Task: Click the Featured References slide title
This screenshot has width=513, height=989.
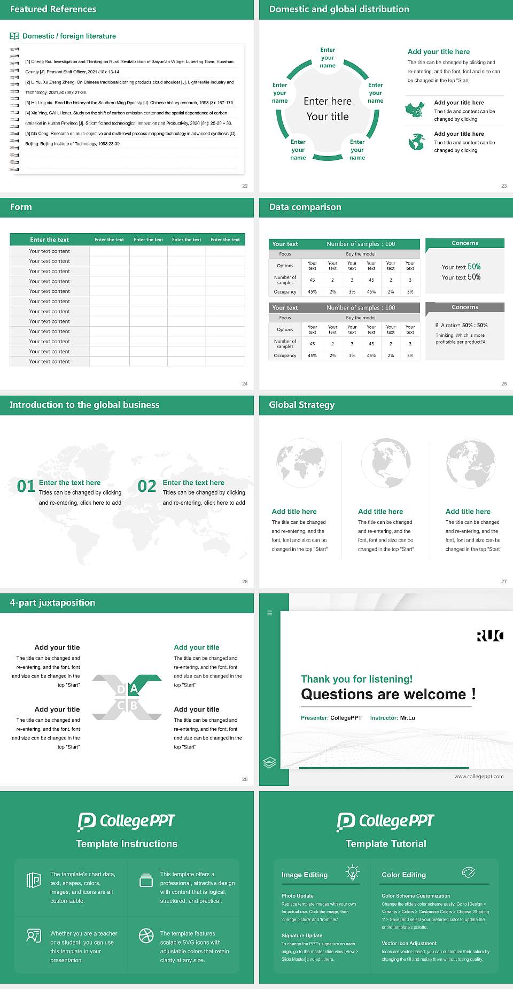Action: point(53,9)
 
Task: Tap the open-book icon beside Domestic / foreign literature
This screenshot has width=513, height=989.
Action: point(14,36)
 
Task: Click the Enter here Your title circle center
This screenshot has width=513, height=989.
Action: point(328,109)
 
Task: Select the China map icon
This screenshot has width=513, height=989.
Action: point(415,110)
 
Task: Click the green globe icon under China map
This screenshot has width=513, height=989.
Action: point(416,142)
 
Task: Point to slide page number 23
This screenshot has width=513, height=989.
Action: point(503,186)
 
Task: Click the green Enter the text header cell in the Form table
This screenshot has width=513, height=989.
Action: point(50,239)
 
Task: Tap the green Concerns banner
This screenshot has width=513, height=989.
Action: point(465,243)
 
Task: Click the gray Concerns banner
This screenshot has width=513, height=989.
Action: point(465,307)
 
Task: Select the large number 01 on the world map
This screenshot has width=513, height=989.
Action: point(26,486)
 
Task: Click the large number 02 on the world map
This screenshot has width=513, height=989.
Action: point(147,486)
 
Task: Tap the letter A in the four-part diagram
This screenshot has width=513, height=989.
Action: point(134,689)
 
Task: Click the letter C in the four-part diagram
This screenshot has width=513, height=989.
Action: point(121,706)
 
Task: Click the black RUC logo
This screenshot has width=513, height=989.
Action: point(489,636)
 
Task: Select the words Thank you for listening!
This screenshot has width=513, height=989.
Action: point(356,679)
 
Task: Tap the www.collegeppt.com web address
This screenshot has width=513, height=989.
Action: point(478,776)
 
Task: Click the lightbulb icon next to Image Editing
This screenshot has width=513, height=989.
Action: point(352,872)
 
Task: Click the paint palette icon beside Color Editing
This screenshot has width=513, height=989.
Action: point(468,872)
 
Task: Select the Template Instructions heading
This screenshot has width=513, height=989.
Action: point(127,844)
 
